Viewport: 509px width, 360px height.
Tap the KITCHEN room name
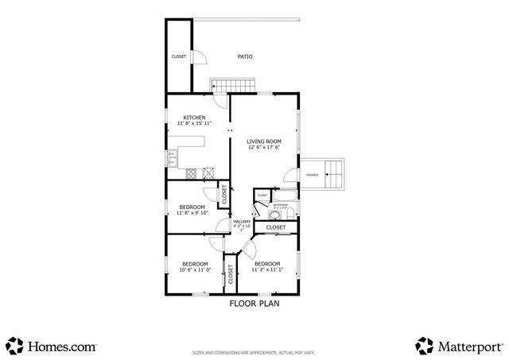(195, 118)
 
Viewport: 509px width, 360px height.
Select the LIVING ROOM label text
(263, 141)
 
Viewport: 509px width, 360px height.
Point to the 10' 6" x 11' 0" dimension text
(194, 270)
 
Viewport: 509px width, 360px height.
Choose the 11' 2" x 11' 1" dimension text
(267, 270)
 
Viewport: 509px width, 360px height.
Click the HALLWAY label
(242, 222)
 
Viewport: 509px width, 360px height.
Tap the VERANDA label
(313, 174)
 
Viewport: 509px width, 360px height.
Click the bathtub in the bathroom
(284, 195)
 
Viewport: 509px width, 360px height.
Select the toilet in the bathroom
(289, 212)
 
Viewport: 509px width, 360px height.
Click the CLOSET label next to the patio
(179, 56)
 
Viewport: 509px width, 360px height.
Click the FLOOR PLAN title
(254, 303)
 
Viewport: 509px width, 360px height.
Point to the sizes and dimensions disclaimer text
(254, 352)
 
